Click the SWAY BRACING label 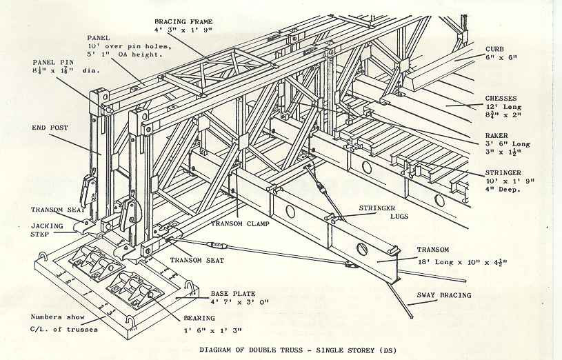click(x=444, y=295)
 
